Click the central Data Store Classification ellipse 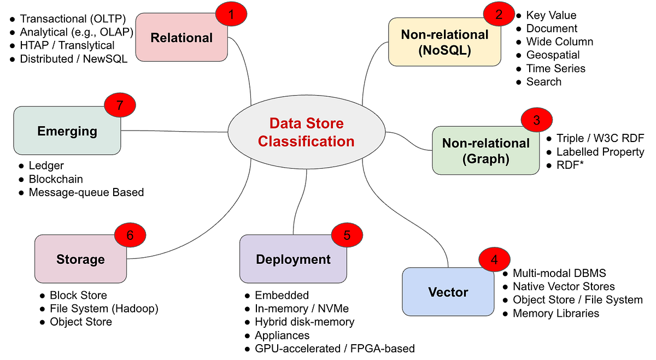coord(306,132)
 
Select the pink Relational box coord(181,37)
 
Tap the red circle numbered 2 coord(499,14)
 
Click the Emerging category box coord(67,131)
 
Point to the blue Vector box coord(448,292)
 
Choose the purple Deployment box coord(293,259)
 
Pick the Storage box coord(80,259)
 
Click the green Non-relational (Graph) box coord(485,150)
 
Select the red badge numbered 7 coord(120,105)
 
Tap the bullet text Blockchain coord(56,179)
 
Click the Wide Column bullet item coord(560,42)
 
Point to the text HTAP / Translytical coord(67,45)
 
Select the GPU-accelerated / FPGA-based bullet coord(335,349)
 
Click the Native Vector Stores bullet coord(564,286)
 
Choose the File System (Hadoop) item coord(104,309)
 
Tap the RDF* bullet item coord(570,165)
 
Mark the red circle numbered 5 coord(347,235)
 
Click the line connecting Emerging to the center coord(174,132)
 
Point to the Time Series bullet coord(556,68)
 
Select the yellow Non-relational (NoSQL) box coord(444,42)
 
